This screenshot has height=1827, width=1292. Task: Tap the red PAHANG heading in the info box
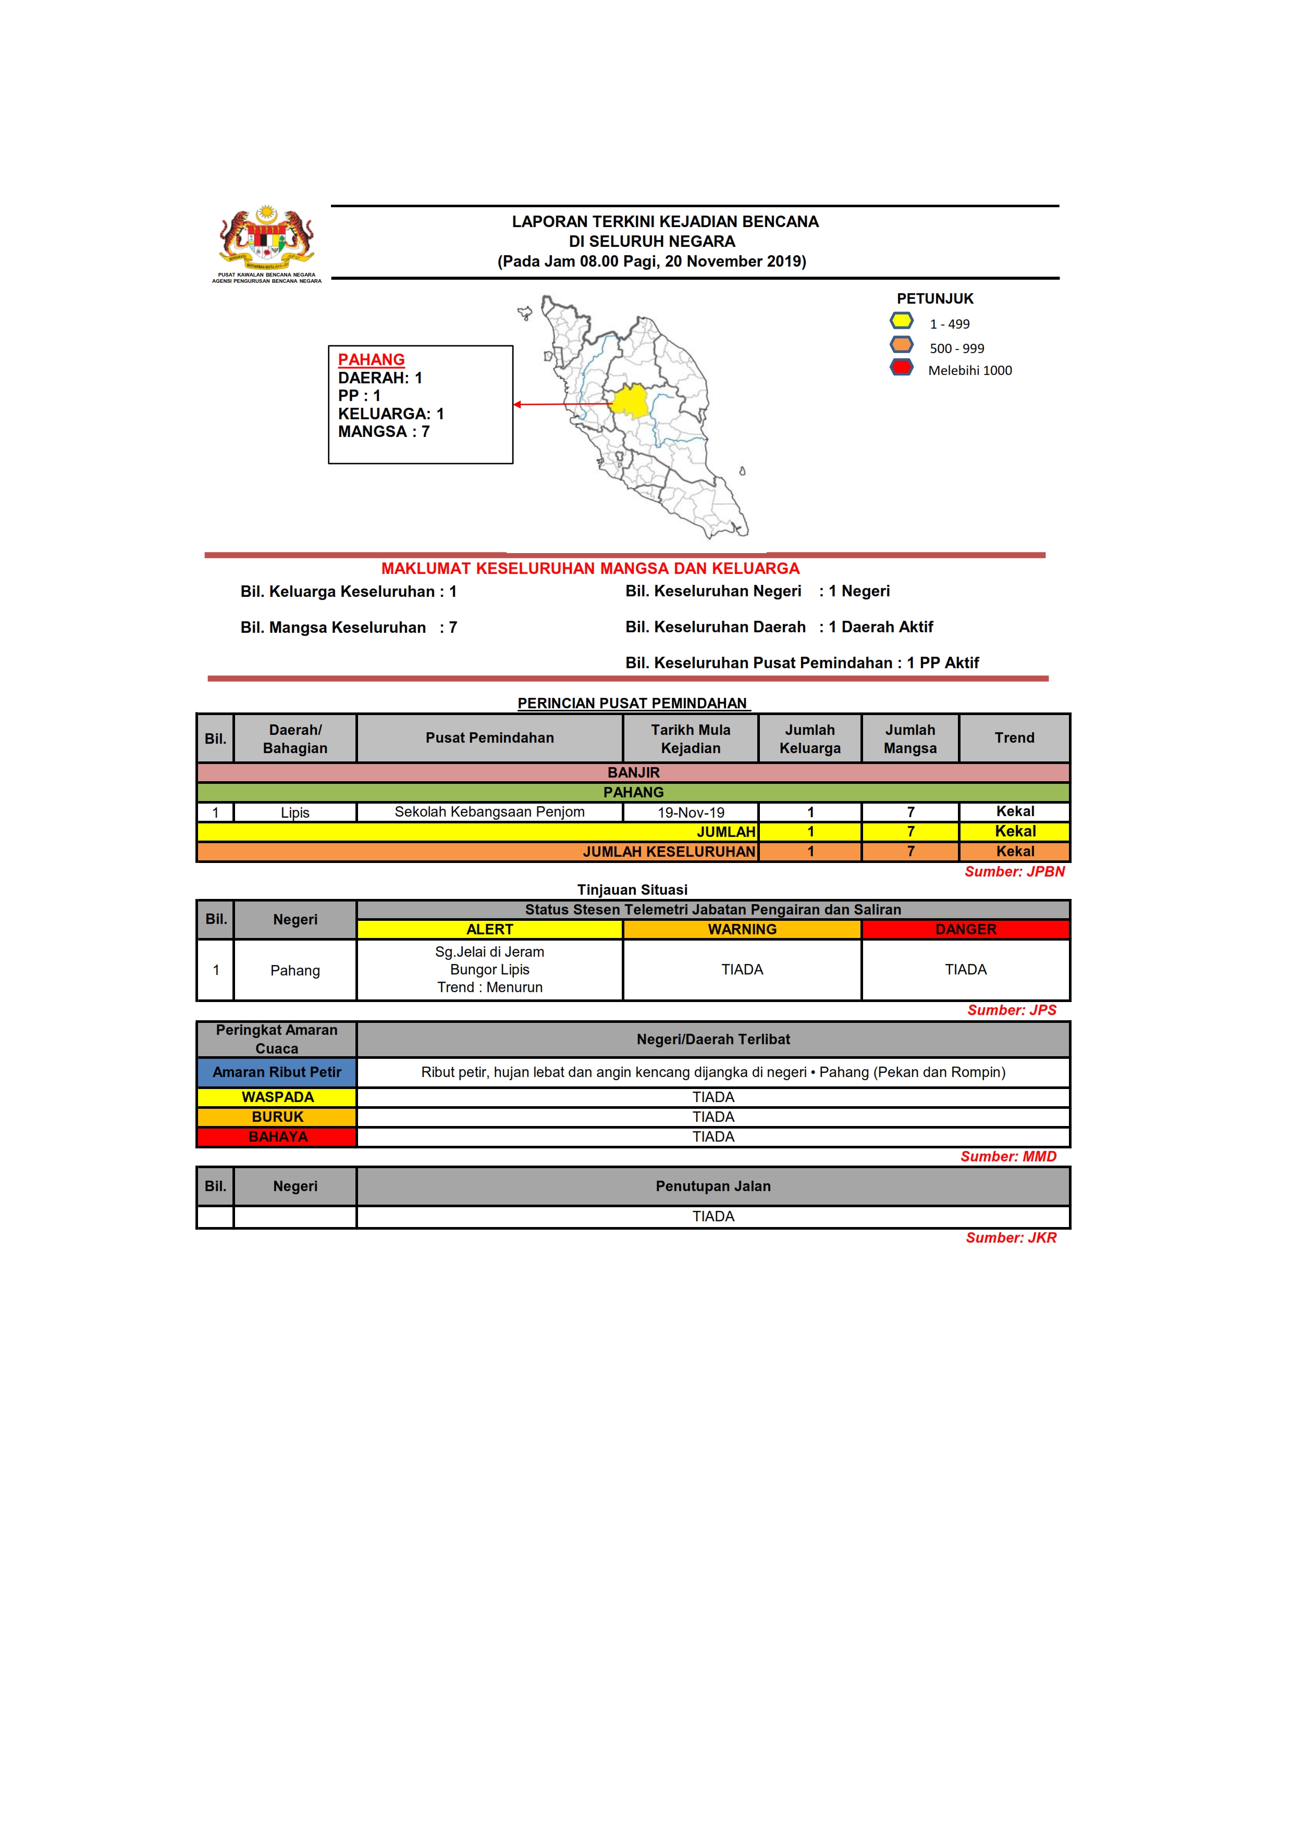coord(371,360)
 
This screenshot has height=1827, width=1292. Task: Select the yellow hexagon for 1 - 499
coord(901,321)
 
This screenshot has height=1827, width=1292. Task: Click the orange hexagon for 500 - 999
coord(901,345)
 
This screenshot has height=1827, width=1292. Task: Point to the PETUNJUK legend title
coord(934,299)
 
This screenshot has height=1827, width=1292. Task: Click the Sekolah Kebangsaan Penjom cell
coord(489,811)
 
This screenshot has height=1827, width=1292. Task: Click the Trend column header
coord(1014,737)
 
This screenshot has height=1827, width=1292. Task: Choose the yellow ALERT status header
coord(489,930)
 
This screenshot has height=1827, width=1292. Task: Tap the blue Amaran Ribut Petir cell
coord(276,1072)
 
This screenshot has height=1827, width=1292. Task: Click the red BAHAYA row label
coord(277,1136)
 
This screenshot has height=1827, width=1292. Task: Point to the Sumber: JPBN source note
coord(1014,871)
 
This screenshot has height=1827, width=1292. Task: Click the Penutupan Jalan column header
coord(712,1186)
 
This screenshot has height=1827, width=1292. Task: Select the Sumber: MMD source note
coord(1008,1156)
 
